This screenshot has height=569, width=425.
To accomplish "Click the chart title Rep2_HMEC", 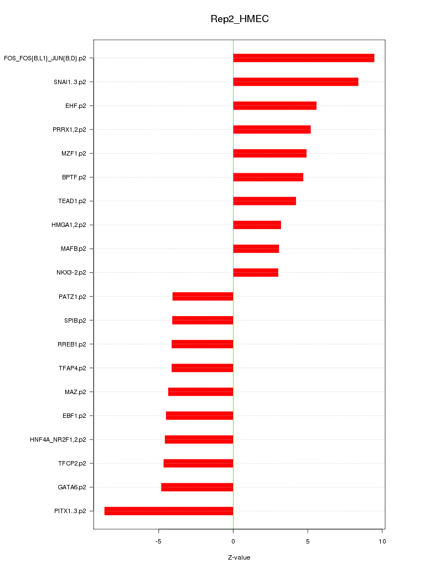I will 240,19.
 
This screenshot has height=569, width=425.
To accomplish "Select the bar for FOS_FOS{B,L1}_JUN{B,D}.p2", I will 303,58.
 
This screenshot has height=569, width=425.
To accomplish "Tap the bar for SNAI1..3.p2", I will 296,82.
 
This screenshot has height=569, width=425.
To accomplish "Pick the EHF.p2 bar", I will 274,106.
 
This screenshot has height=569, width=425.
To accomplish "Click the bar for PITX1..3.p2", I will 169,511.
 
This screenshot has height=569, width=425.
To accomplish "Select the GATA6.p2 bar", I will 197,487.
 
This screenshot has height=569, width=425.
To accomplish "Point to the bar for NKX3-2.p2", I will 256,272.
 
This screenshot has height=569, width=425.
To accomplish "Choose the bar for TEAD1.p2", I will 265,201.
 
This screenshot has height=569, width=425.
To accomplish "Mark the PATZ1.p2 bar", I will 203,296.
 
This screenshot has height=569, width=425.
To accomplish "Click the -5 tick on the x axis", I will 158,541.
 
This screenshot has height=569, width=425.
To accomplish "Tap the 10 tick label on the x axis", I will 382,541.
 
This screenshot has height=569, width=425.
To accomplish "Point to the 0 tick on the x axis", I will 233,541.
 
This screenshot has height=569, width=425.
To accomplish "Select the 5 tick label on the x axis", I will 308,541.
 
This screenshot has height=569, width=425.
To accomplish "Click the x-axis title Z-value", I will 239,557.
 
